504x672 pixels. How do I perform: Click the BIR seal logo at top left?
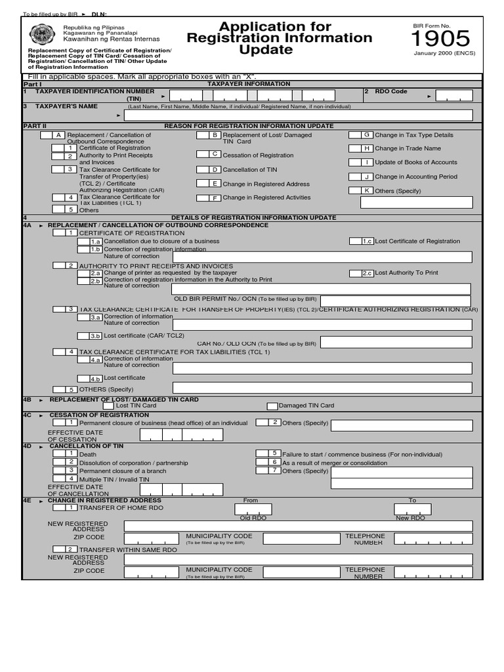pos(41,34)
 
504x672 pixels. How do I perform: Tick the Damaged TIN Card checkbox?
pos(272,406)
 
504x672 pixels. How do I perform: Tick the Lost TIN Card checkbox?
pos(108,406)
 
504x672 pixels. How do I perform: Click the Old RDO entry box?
pos(253,509)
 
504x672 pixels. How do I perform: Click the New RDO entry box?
pos(412,509)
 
